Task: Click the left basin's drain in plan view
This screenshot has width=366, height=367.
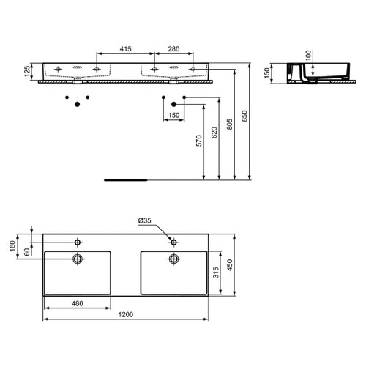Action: (78, 258)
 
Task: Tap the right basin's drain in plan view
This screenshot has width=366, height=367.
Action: (173, 258)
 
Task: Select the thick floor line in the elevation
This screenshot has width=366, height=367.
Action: (127, 178)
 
